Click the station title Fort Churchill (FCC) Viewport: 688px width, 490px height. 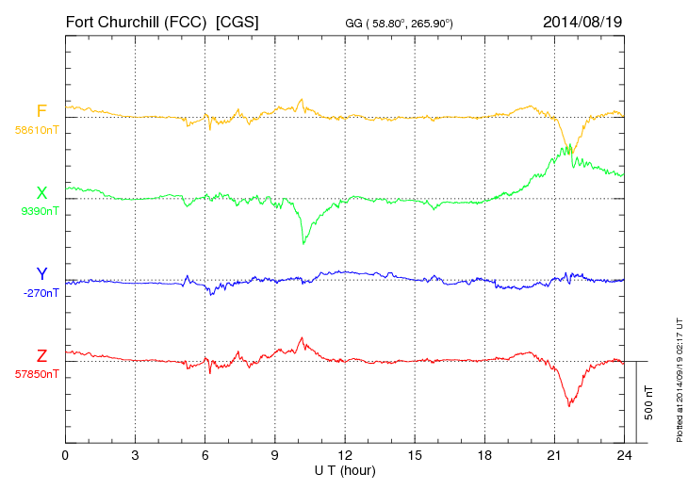pyautogui.click(x=136, y=22)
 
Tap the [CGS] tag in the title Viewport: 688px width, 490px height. pyautogui.click(x=237, y=22)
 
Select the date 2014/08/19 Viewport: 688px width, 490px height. pyautogui.click(x=582, y=22)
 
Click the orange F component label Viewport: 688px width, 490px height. pyautogui.click(x=41, y=111)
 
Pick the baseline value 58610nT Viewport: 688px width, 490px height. pyautogui.click(x=36, y=129)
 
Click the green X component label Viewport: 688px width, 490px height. pyautogui.click(x=41, y=193)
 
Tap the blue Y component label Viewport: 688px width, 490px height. pyautogui.click(x=41, y=274)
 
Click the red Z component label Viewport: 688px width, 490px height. pyautogui.click(x=41, y=355)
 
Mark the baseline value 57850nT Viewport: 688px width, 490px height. pyautogui.click(x=36, y=373)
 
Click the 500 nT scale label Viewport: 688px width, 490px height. pyautogui.click(x=649, y=402)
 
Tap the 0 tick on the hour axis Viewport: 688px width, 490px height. pyautogui.click(x=65, y=455)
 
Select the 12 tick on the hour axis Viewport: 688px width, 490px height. pyautogui.click(x=345, y=455)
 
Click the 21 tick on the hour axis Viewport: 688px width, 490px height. pyautogui.click(x=554, y=455)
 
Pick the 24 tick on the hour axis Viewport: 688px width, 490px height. pyautogui.click(x=624, y=455)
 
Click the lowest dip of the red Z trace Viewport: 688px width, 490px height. pyautogui.click(x=569, y=406)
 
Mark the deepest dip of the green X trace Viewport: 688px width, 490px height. pyautogui.click(x=303, y=244)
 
